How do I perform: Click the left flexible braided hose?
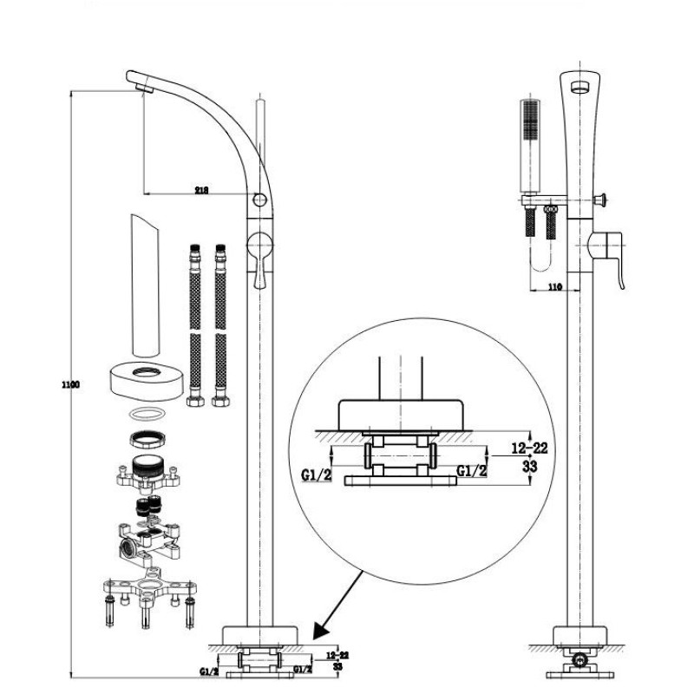[x=193, y=325]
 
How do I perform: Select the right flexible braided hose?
[x=219, y=325]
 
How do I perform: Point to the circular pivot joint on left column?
[x=259, y=202]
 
